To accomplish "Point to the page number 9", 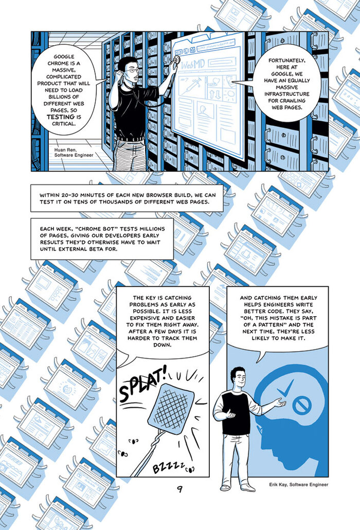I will tap(179, 489).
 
